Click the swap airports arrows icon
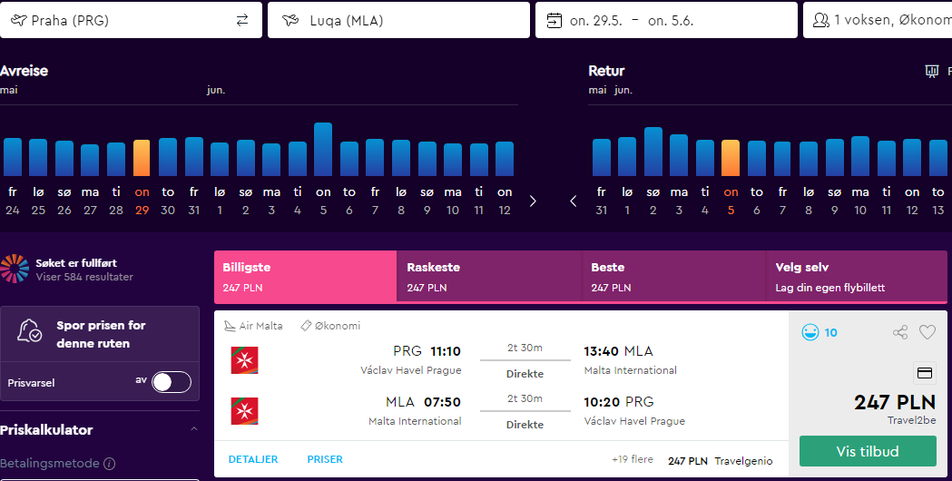[x=242, y=21]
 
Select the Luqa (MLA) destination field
[x=398, y=20]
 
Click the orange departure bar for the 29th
[x=142, y=158]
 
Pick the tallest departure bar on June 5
[x=323, y=150]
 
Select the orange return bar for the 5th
[x=731, y=158]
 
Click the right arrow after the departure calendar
[x=533, y=201]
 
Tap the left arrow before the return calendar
[x=574, y=201]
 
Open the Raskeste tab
[x=489, y=276]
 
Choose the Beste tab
[x=673, y=276]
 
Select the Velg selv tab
[x=857, y=276]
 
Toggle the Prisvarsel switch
[x=172, y=383]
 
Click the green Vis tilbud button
[x=868, y=451]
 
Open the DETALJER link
[x=253, y=460]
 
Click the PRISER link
[x=325, y=460]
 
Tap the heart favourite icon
[x=927, y=332]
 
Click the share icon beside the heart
[x=900, y=332]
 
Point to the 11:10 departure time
[x=446, y=351]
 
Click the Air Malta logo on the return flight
[x=245, y=411]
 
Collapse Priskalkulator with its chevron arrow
[x=194, y=429]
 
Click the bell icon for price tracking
[x=29, y=330]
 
